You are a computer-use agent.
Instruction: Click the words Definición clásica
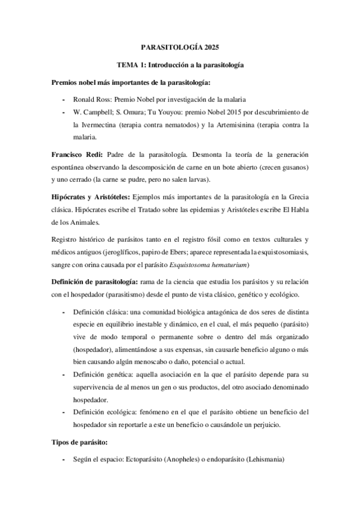pyautogui.click(x=96, y=313)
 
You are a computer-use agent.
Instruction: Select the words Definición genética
pyautogui.click(x=97, y=375)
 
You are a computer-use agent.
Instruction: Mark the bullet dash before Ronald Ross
pyautogui.click(x=64, y=99)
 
